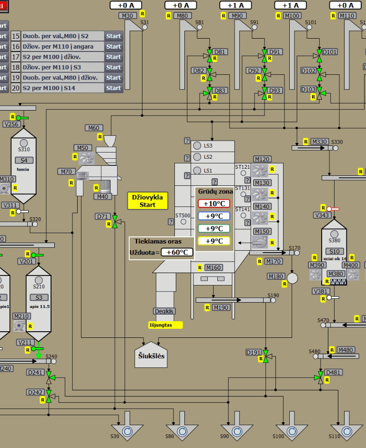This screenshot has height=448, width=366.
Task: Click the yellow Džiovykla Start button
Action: (148, 201)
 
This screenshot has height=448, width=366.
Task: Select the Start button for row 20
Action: (113, 88)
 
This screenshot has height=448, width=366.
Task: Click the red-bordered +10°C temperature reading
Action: (213, 204)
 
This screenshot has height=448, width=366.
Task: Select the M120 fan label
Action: (262, 159)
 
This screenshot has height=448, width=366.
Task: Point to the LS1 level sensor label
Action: (208, 171)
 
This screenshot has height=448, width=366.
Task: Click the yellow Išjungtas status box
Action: (165, 325)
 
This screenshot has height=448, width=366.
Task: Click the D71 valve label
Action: (102, 216)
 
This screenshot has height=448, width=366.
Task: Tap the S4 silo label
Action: (23, 160)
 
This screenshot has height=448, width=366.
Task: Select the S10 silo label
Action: (334, 251)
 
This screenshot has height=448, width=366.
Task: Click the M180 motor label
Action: (276, 276)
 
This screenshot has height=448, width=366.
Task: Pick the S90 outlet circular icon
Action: (237, 431)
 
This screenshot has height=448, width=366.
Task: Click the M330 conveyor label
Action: (320, 142)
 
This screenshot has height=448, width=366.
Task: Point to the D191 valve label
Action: (253, 352)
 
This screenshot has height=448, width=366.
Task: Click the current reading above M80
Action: (181, 5)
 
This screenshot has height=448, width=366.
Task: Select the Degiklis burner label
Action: (164, 311)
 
